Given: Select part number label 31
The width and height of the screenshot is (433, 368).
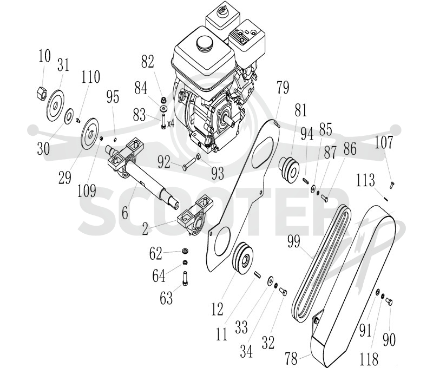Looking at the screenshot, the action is point(63,65).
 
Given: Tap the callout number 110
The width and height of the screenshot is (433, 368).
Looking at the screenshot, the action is point(90,77).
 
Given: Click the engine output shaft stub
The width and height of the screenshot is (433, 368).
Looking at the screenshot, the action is point(228,119).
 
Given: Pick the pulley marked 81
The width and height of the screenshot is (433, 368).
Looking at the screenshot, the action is point(289,169).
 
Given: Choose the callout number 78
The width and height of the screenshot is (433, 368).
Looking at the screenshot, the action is point(291,358).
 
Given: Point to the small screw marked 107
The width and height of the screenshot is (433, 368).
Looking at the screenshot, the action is point(392,185).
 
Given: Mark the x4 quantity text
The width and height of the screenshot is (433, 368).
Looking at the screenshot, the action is point(170,124).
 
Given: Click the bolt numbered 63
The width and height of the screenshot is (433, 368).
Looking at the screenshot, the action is point(186,279).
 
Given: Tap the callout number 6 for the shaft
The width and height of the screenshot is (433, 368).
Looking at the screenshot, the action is point(125,213).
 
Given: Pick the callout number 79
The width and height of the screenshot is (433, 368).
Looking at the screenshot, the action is point(283,88).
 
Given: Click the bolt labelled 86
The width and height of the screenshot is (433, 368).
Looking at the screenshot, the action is point(324,198).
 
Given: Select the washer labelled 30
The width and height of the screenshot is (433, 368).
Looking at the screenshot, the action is point(69,115).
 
